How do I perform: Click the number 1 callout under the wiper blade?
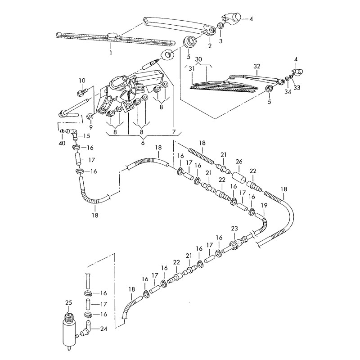[110, 52]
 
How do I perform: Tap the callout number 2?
[209, 45]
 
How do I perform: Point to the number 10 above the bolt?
[81, 81]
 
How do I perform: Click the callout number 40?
[62, 143]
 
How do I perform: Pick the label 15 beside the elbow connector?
[87, 136]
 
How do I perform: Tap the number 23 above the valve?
[234, 229]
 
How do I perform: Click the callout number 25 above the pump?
[68, 302]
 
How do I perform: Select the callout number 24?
[103, 329]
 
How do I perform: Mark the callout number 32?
[257, 66]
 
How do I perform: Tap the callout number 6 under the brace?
[143, 143]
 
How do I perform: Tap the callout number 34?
[286, 92]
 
